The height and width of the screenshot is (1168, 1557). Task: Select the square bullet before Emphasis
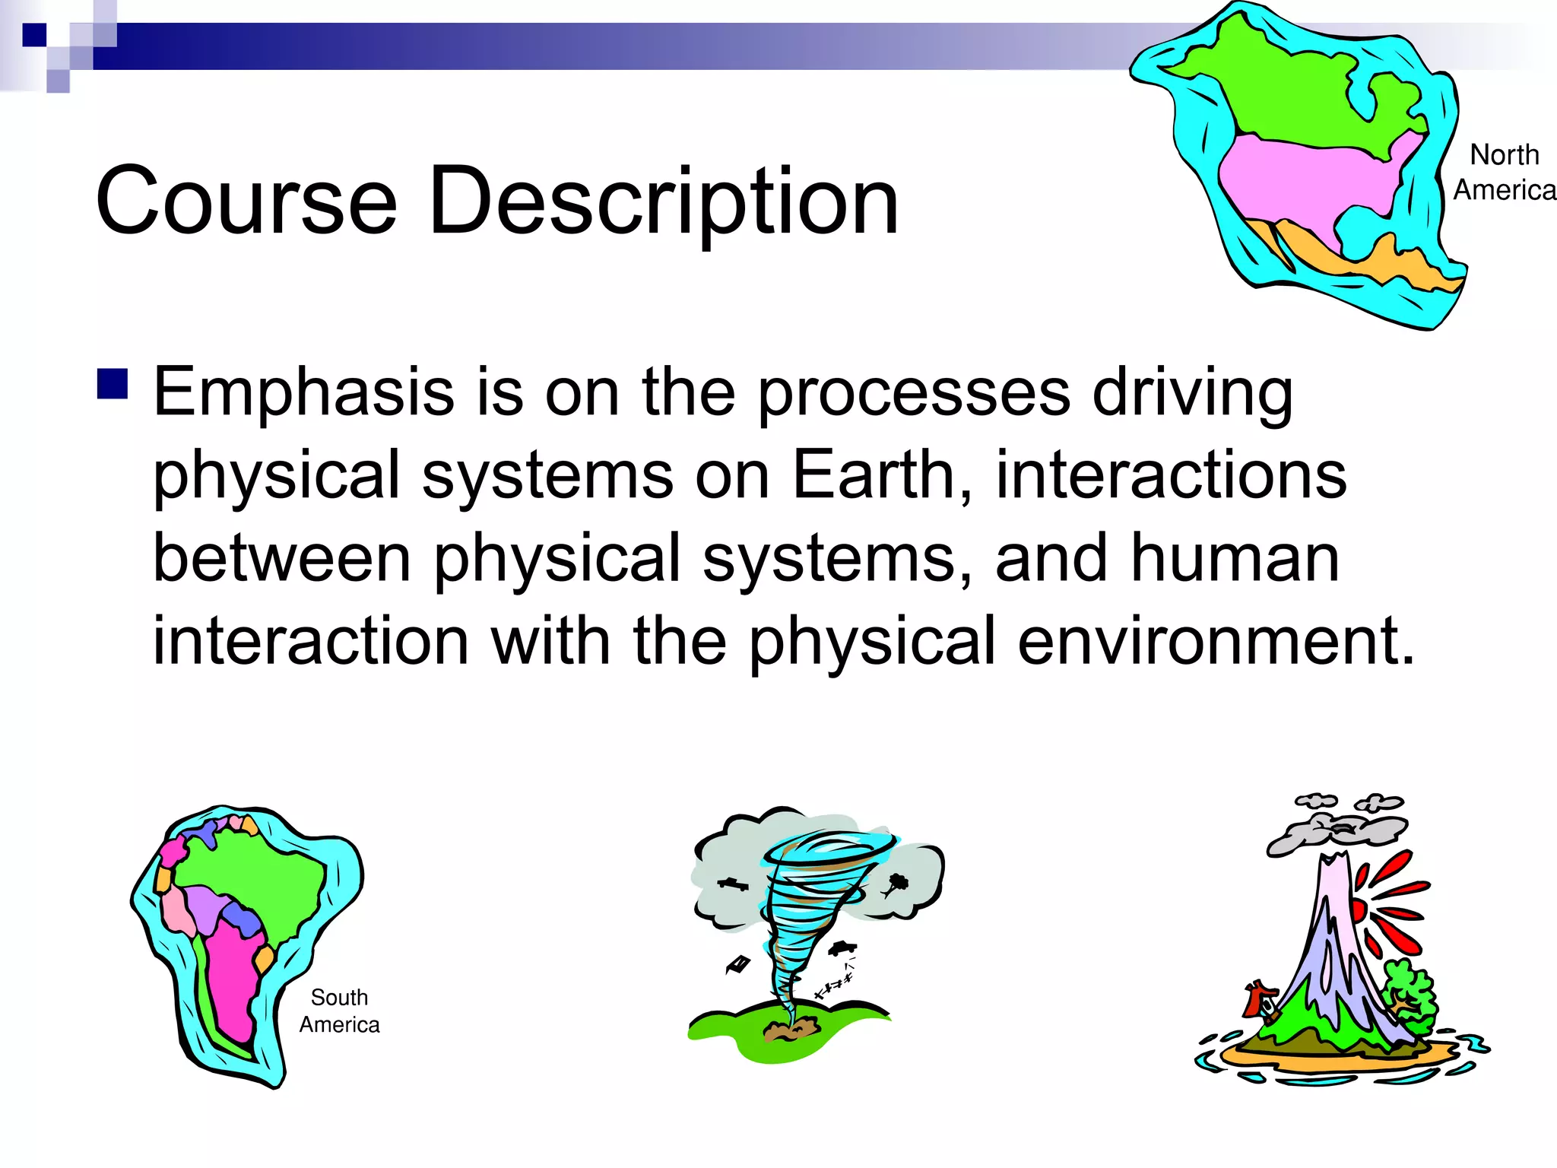(x=113, y=384)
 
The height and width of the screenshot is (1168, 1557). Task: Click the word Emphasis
(x=303, y=393)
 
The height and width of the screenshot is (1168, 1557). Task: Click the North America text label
(x=1504, y=173)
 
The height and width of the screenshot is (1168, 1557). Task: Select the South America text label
(x=339, y=1011)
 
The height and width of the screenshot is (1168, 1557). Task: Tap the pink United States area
(x=1308, y=182)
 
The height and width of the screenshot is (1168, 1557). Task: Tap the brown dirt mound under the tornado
(x=791, y=1030)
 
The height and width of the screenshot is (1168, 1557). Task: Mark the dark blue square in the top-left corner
(x=34, y=34)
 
